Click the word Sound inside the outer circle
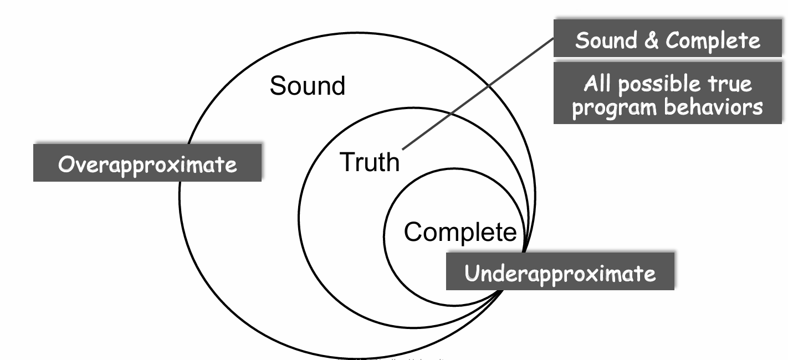(307, 86)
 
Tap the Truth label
(369, 162)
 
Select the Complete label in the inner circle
(460, 232)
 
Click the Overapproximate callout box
(147, 163)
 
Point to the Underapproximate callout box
(560, 272)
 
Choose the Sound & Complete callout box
(667, 40)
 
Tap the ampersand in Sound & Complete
(651, 41)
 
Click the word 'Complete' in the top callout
(713, 41)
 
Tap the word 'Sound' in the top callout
(606, 40)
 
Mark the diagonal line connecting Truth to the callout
(477, 95)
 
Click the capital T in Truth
(346, 162)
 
